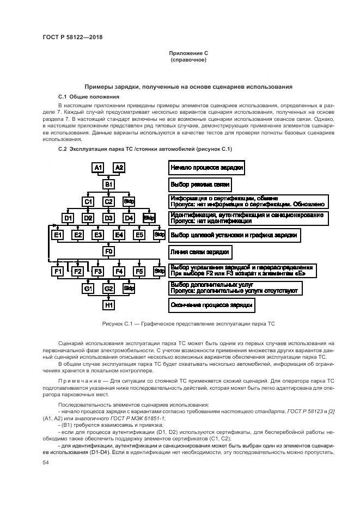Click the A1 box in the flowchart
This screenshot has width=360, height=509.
pyautogui.click(x=98, y=168)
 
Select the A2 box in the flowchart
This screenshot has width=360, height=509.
pyautogui.click(x=119, y=168)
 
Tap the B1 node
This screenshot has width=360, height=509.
pyautogui.click(x=109, y=185)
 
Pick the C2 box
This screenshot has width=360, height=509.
pyautogui.click(x=109, y=201)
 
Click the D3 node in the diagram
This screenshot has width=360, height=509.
pyautogui.click(x=109, y=218)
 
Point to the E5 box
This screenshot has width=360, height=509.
pyautogui.click(x=139, y=235)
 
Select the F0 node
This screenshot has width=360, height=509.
pyautogui.click(x=109, y=252)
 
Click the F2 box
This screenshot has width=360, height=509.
pyautogui.click(x=78, y=271)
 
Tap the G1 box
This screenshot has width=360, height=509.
pyautogui.click(x=89, y=288)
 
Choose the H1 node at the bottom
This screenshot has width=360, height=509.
pyautogui.click(x=109, y=305)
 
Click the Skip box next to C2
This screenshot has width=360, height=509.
pyautogui.click(x=129, y=201)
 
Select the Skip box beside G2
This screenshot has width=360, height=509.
pyautogui.click(x=129, y=288)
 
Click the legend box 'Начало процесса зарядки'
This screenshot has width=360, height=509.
pyautogui.click(x=206, y=168)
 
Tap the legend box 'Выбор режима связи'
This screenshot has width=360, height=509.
pyautogui.click(x=199, y=185)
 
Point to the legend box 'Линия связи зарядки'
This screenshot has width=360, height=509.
pyautogui.click(x=200, y=252)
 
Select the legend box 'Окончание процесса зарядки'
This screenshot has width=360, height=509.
pyautogui.click(x=211, y=305)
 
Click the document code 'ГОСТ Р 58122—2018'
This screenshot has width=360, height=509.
pyautogui.click(x=72, y=37)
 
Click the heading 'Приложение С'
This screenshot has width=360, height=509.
pyautogui.click(x=188, y=53)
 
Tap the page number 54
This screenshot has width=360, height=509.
pyautogui.click(x=46, y=462)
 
